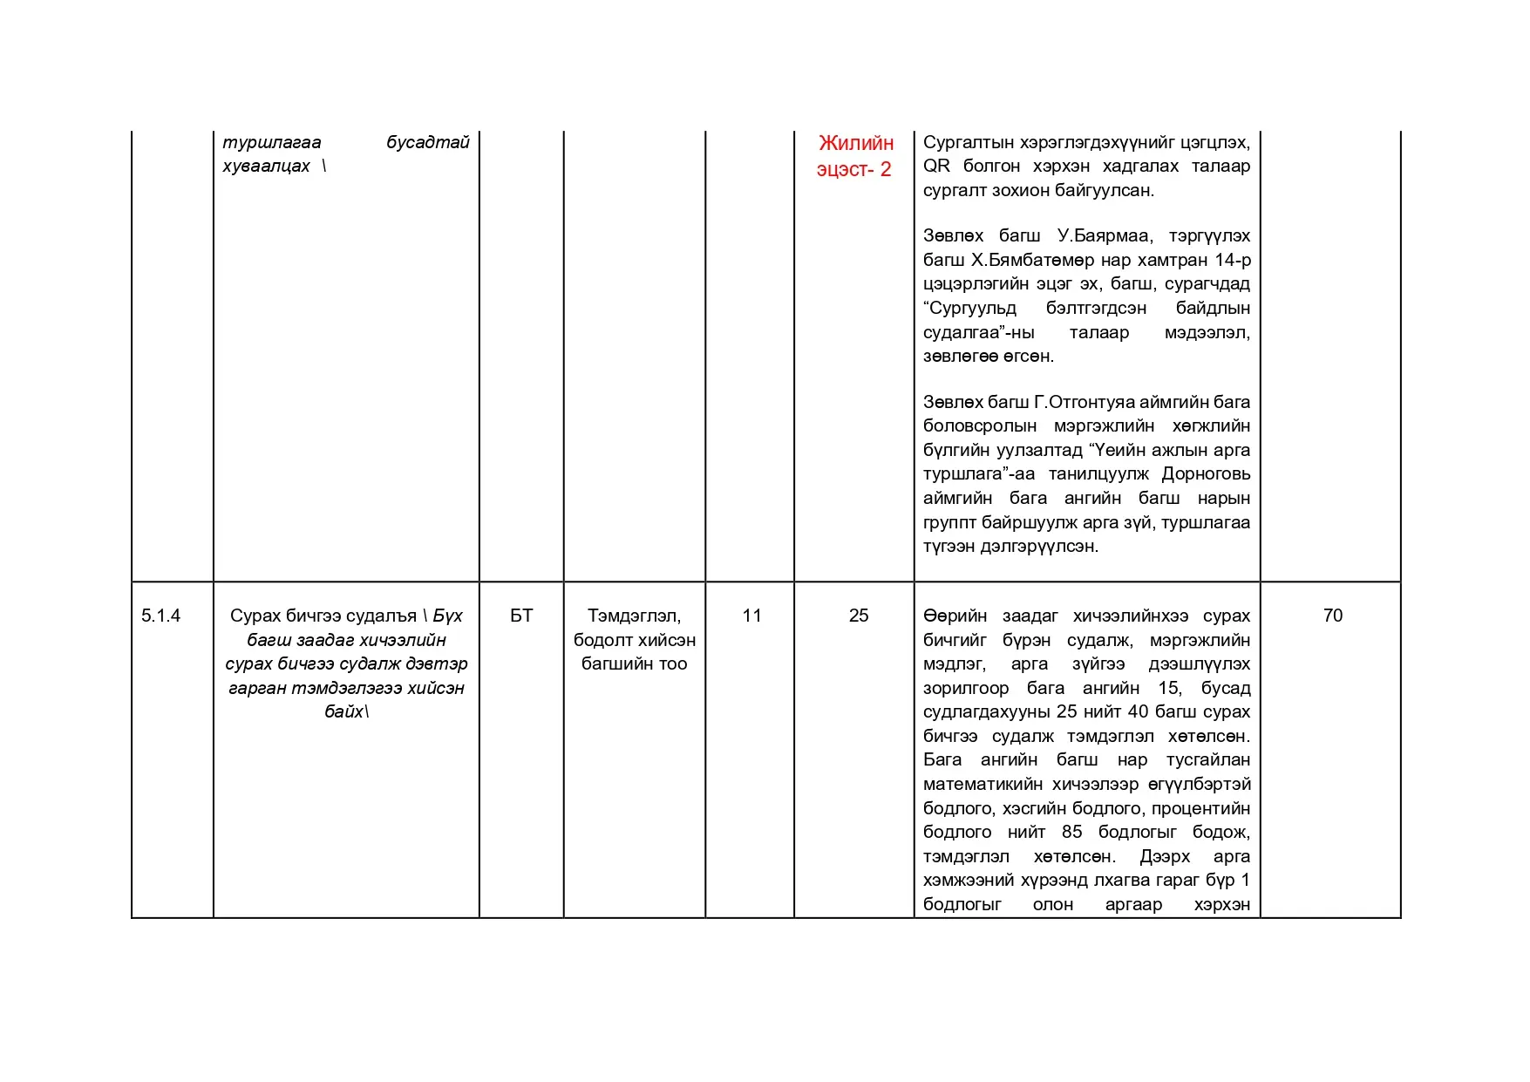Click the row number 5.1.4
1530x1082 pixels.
pos(160,616)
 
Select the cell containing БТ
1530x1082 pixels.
pos(521,616)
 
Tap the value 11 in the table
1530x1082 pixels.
pos(751,616)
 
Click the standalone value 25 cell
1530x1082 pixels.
pos(859,616)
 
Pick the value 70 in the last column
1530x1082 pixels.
pos(1332,616)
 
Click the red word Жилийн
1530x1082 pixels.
pos(856,143)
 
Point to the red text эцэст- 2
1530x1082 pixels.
pos(853,169)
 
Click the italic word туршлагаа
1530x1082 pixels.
pos(272,142)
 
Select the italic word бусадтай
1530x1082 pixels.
pos(427,142)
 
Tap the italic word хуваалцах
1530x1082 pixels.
pos(266,167)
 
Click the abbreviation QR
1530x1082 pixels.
pos(936,167)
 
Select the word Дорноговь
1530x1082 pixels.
pos(1206,474)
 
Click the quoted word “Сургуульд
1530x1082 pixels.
pos(969,308)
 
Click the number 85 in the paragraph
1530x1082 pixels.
pos(1071,832)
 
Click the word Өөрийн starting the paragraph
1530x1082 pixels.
pos(955,616)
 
